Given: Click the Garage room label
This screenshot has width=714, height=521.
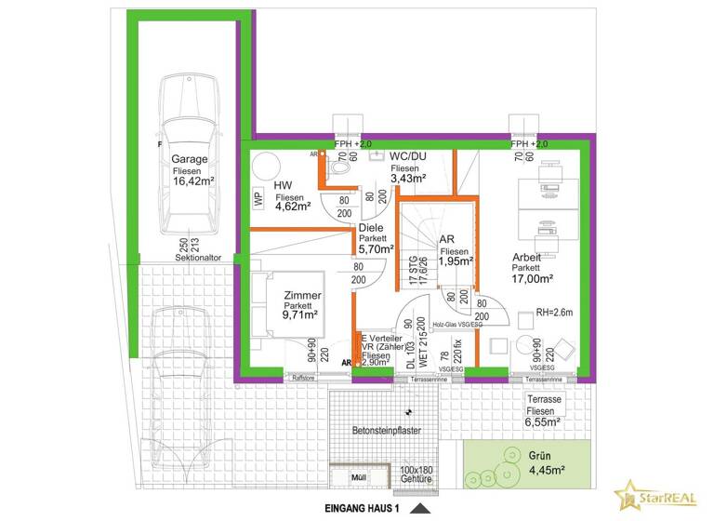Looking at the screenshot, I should tap(189, 159).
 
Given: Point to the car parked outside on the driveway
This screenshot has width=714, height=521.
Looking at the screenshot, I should tap(181, 372).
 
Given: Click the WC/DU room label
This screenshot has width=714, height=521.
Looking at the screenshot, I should tap(408, 154).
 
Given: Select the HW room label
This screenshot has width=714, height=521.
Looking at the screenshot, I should tap(283, 185).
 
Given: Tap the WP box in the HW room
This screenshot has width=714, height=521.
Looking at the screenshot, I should tap(258, 198).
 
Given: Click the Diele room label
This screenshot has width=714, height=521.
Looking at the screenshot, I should tap(372, 226).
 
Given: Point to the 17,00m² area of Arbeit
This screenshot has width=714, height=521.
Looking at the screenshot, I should tap(532, 277).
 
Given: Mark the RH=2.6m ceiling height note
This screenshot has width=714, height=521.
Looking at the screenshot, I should tap(556, 314).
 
